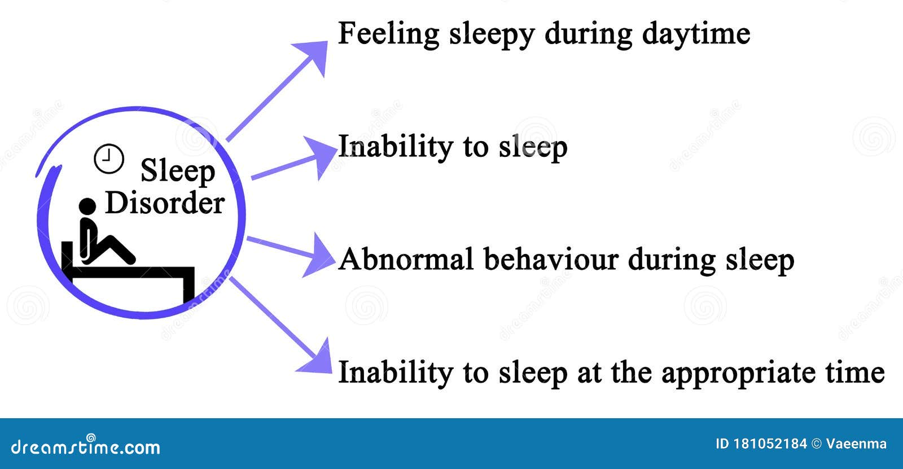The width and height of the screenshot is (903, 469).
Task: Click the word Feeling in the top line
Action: pyautogui.click(x=388, y=34)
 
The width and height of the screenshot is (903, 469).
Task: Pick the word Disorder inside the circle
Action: pyautogui.click(x=165, y=203)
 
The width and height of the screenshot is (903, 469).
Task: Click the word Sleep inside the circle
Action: pyautogui.click(x=178, y=171)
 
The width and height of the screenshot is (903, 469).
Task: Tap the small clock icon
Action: pyautogui.click(x=108, y=159)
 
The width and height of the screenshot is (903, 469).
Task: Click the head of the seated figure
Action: pyautogui.click(x=87, y=207)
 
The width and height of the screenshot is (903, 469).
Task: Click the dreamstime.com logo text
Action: pyautogui.click(x=85, y=446)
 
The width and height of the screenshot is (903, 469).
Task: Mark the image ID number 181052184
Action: pyautogui.click(x=770, y=444)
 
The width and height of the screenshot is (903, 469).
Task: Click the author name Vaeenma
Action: pyautogui.click(x=856, y=444)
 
